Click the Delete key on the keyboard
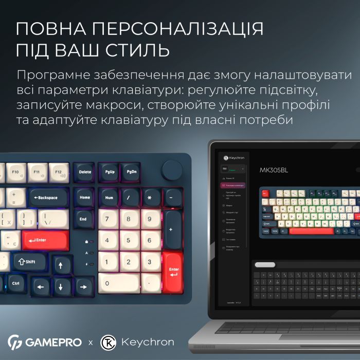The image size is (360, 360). pyautogui.click(x=85, y=173)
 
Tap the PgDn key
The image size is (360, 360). pyautogui.click(x=132, y=173)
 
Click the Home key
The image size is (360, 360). pyautogui.click(x=85, y=197)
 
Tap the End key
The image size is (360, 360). pyautogui.click(x=83, y=219)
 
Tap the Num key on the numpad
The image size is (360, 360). pyautogui.click(x=109, y=197)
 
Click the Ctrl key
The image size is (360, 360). pyautogui.click(x=16, y=283)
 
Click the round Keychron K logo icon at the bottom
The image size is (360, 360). pyautogui.click(x=108, y=342)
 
